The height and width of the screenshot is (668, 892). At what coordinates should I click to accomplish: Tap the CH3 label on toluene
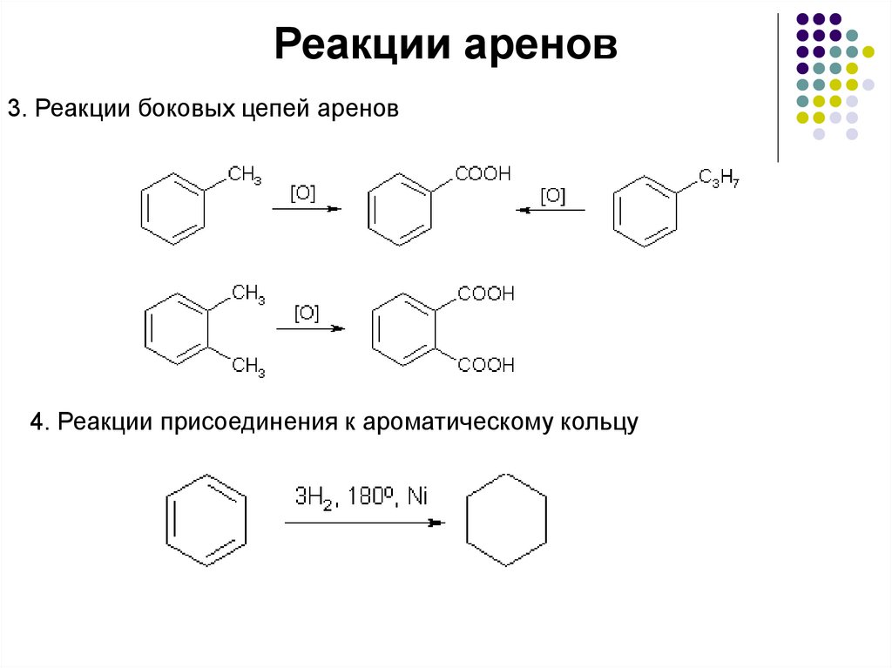coord(246,177)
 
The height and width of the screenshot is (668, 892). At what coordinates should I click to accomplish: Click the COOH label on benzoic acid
coord(483,174)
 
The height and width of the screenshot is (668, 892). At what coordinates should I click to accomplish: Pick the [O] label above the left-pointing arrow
coord(552,195)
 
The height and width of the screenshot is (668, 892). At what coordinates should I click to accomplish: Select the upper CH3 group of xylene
coord(248,295)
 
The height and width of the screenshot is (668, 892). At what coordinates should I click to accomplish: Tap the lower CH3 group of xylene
coord(248,367)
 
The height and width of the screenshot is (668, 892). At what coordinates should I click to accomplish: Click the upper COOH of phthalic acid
coord(486,294)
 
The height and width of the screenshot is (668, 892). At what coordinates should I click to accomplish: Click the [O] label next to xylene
coord(307,313)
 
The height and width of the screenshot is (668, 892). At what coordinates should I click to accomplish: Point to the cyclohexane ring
coord(507,520)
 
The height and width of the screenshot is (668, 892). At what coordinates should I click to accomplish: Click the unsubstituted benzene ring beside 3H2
coord(206,520)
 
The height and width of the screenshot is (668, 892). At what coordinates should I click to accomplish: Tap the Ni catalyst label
coord(418,498)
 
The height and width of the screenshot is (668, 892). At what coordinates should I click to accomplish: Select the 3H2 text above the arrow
coord(311,499)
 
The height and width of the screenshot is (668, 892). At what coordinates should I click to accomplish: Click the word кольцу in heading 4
coord(600,423)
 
